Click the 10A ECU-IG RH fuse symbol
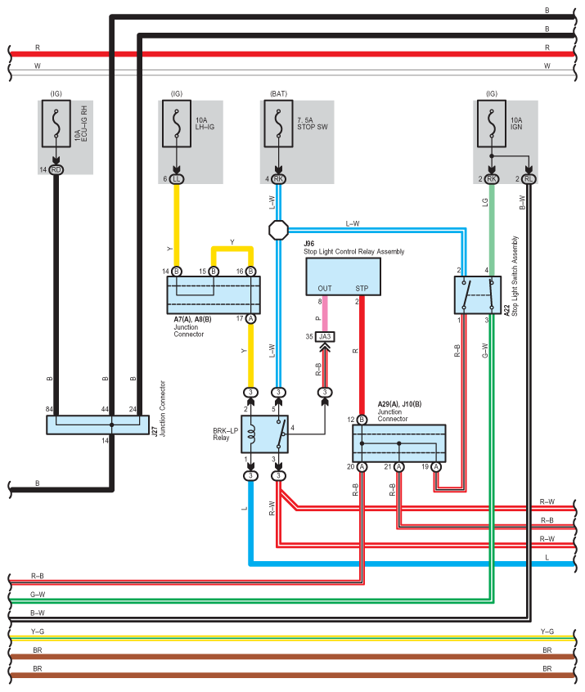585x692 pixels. pos(56,124)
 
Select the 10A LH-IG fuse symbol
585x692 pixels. pos(177,124)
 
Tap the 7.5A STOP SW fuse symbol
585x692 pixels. pos(279,124)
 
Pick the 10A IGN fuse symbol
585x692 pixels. pos(492,124)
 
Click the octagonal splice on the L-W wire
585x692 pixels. pos(279,230)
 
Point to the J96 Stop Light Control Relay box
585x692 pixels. pos(344,276)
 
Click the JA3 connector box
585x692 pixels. pos(325,337)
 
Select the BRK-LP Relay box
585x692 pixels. pos(264,434)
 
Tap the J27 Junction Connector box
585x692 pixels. pos(97,425)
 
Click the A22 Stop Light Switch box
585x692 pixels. pos(478,295)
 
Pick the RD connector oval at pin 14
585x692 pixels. pos(56,170)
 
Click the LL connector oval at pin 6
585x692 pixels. pos(177,179)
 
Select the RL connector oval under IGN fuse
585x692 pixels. pos(529,179)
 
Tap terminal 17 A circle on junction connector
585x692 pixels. pos(251,319)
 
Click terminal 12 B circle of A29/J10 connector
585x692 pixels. pos(362,420)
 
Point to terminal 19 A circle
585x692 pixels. pos(436,467)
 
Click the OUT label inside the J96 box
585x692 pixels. pos(325,289)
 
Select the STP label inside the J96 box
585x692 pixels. pos(362,289)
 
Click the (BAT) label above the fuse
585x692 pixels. pos(279,93)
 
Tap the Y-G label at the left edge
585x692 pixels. pos(38,631)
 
